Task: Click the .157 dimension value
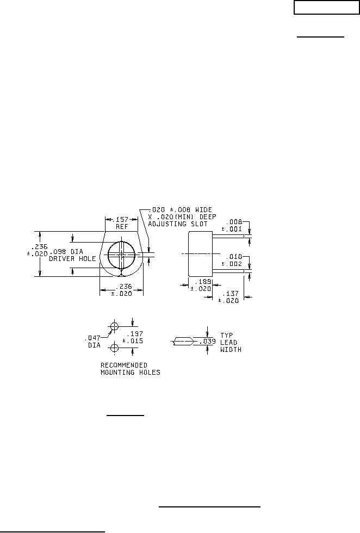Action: (x=122, y=220)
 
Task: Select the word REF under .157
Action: (x=122, y=227)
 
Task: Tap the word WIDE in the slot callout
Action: (x=203, y=210)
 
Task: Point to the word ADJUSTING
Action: (x=167, y=224)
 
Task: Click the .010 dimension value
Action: (x=234, y=257)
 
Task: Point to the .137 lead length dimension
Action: (x=230, y=293)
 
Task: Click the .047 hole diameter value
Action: (x=92, y=338)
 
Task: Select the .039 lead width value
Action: (x=207, y=342)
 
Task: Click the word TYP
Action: (x=226, y=335)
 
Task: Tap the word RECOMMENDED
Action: (x=124, y=365)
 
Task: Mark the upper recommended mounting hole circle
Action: (x=115, y=326)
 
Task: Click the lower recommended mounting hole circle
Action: (x=115, y=348)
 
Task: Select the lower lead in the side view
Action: (x=228, y=271)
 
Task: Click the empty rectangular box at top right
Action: (x=326, y=8)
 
